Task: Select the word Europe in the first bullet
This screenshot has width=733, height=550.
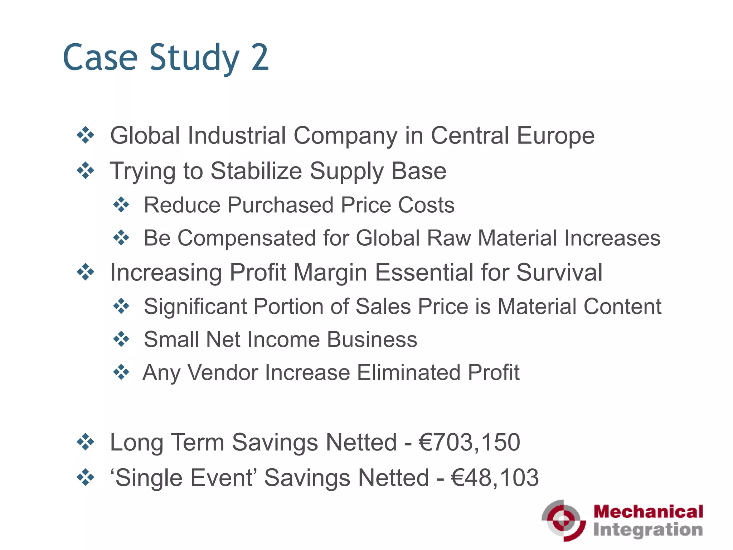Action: [555, 136]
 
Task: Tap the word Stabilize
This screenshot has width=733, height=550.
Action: [256, 171]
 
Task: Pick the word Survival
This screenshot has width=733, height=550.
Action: [559, 273]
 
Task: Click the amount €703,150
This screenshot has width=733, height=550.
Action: [469, 443]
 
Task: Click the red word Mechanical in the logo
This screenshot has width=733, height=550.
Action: [648, 511]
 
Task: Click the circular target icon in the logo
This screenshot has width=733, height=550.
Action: [563, 520]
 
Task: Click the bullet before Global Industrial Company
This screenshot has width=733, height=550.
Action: [86, 136]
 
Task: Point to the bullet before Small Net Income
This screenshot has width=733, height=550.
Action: [121, 339]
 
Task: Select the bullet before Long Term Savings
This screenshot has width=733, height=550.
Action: [86, 442]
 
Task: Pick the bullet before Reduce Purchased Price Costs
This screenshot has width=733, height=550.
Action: [121, 205]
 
